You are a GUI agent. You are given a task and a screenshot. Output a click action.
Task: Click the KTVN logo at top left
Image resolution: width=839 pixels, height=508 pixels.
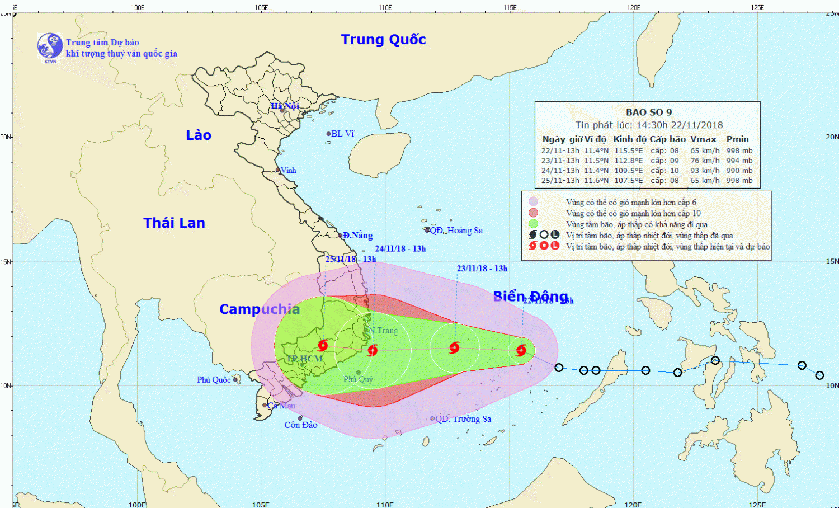click(x=50, y=46)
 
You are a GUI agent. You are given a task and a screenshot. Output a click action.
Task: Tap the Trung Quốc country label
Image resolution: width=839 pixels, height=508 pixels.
click(x=383, y=40)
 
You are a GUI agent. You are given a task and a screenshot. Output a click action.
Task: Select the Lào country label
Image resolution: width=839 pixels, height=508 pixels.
click(x=199, y=135)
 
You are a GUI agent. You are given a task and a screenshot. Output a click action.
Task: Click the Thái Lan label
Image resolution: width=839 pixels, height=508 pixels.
click(x=174, y=223)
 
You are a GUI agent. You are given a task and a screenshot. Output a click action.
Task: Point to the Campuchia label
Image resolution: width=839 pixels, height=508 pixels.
click(x=260, y=309)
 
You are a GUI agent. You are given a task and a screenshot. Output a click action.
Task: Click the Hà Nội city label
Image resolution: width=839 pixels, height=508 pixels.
click(x=285, y=106)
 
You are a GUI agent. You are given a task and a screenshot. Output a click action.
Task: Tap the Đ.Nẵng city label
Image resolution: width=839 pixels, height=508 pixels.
click(x=357, y=236)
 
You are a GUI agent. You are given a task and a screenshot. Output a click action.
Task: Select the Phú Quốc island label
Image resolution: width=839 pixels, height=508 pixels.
click(x=214, y=380)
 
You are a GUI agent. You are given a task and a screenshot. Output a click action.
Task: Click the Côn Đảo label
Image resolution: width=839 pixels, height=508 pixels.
click(x=301, y=425)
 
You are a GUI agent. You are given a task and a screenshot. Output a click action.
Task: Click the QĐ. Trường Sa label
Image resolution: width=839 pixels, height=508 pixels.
click(x=463, y=419)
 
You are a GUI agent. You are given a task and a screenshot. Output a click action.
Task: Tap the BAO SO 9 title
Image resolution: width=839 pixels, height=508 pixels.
click(x=649, y=112)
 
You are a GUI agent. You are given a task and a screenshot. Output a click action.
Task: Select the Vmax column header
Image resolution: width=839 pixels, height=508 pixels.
click(x=703, y=139)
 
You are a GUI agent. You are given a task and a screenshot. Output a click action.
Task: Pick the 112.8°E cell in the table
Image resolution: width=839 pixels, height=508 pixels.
click(x=629, y=161)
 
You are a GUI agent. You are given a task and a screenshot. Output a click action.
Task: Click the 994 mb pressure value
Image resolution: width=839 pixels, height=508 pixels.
click(x=739, y=161)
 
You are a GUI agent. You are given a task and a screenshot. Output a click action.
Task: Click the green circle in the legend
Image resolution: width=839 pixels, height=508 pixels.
click(x=533, y=224)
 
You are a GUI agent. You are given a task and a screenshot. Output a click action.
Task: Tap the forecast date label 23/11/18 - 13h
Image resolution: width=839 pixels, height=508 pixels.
click(x=482, y=269)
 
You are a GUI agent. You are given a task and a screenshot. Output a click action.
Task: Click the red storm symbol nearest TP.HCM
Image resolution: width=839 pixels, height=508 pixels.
click(x=323, y=345)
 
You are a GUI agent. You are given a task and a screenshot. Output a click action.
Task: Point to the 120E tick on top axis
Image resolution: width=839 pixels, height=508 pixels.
click(x=634, y=7)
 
